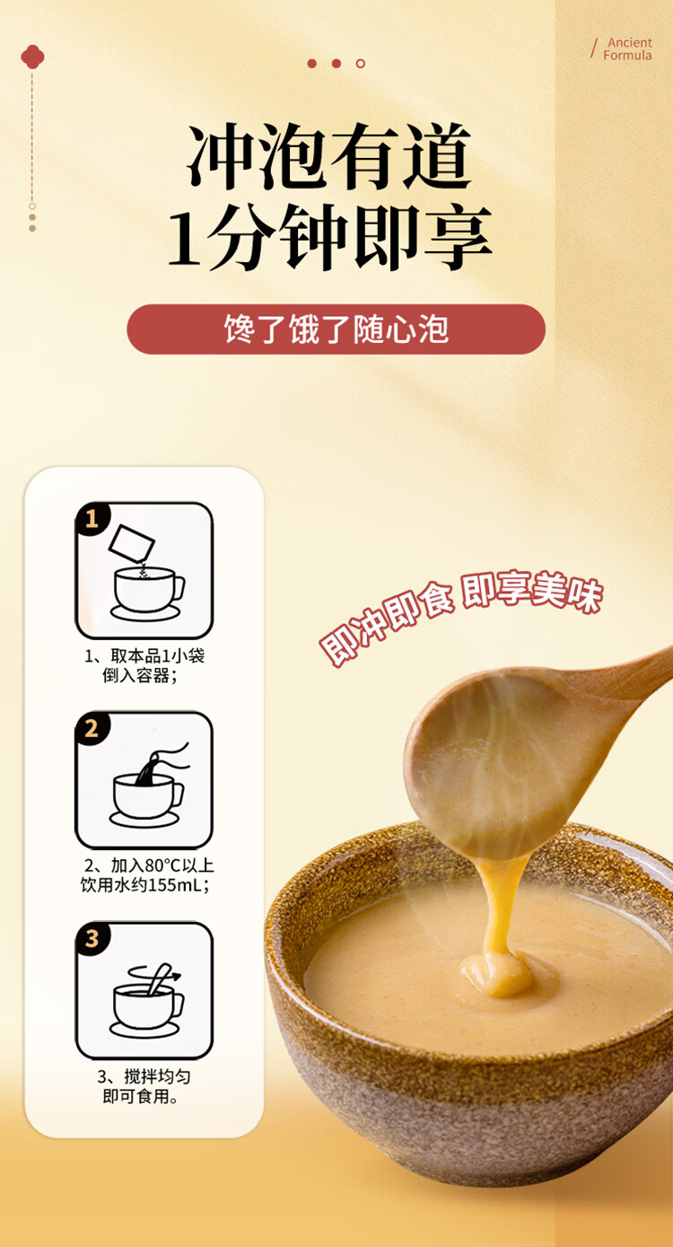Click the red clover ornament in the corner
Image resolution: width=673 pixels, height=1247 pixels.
[32, 57]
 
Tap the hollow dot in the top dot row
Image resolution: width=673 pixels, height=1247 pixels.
[361, 64]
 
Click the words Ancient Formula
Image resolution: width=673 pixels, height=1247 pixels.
[628, 49]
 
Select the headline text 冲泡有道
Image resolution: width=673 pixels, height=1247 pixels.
[330, 156]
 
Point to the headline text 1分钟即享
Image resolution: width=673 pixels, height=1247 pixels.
[329, 238]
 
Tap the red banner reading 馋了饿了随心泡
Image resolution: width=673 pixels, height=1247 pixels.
[336, 329]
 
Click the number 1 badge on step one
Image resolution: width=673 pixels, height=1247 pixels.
[92, 519]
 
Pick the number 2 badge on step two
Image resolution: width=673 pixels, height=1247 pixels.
[92, 729]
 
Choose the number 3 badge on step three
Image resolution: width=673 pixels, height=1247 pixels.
[92, 938]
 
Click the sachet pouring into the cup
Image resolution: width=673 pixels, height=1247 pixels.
[131, 543]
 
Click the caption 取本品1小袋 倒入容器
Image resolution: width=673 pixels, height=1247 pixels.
[144, 665]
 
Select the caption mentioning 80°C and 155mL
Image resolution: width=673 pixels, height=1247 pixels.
[147, 874]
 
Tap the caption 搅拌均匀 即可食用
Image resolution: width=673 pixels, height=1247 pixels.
[144, 1086]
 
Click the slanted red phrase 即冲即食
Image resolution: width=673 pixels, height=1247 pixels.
[387, 622]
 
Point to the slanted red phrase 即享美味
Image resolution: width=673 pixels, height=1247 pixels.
[533, 593]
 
